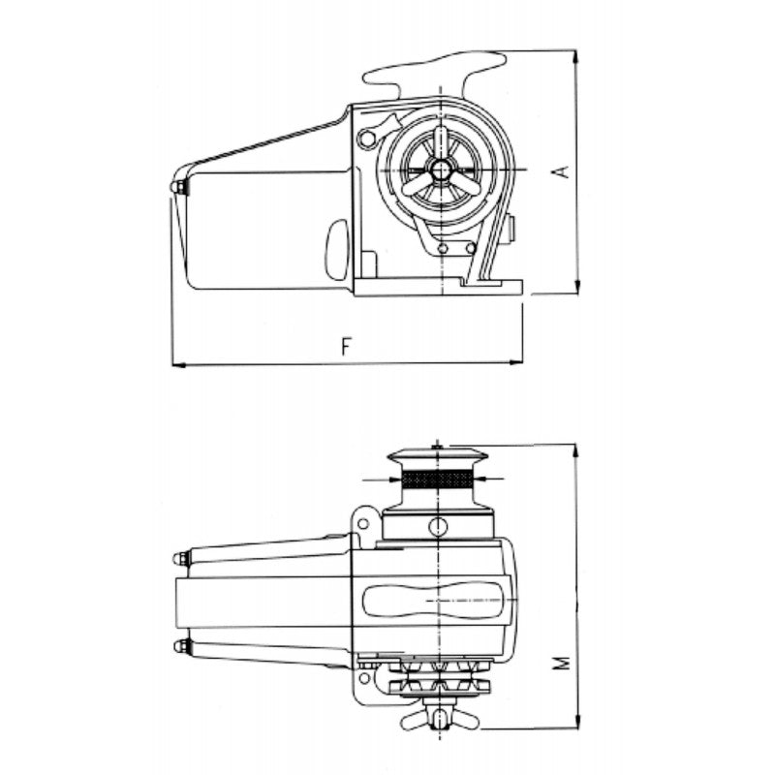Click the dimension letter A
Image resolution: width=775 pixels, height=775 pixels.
tap(559, 171)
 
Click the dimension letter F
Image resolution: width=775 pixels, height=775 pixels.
tap(345, 346)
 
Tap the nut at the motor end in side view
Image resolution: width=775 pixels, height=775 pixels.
tap(177, 186)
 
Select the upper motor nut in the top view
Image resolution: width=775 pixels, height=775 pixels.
tap(180, 558)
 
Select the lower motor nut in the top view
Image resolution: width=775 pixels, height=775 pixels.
tap(180, 646)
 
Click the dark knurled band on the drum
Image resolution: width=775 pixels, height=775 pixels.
tap(440, 480)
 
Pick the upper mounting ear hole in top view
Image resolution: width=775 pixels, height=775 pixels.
tap(363, 524)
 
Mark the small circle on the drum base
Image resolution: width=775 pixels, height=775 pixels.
tap(440, 526)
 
